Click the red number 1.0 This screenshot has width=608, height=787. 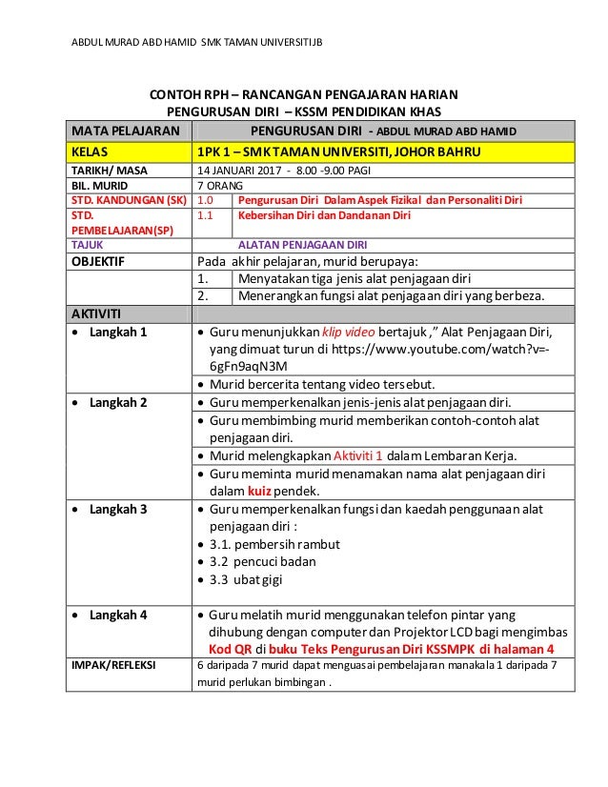pos(206,200)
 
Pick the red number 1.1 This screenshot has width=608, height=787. pos(205,215)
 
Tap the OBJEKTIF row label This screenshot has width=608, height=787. pos(95,259)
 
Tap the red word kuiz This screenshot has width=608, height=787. pos(260,492)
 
